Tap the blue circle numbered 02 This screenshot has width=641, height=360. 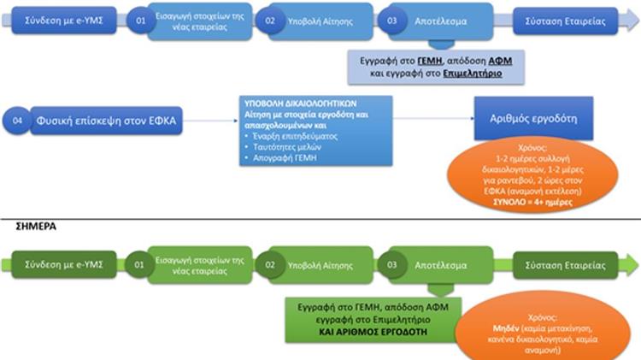270,19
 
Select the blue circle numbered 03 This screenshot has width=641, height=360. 393,19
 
